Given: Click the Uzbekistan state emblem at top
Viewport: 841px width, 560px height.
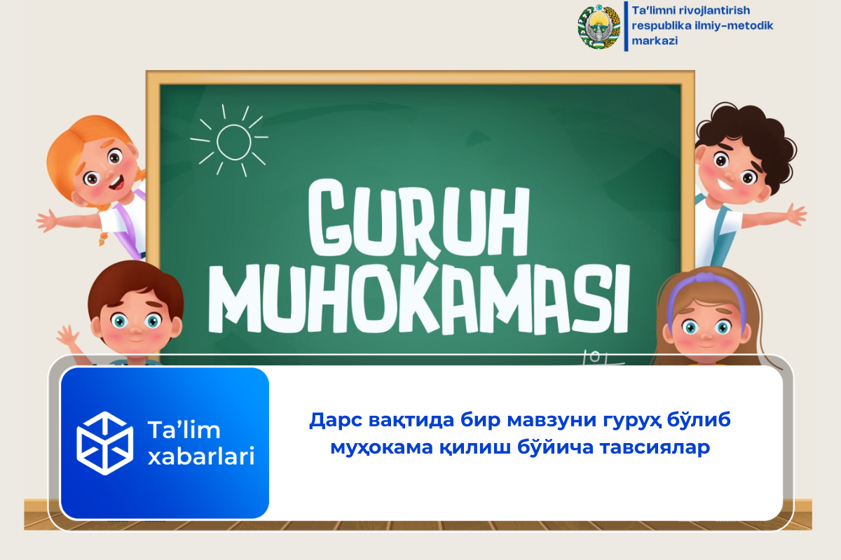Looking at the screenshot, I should coord(599,27).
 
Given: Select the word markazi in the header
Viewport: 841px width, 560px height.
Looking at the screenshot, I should coord(655,41).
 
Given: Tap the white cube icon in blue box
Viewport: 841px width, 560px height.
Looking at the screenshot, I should coord(104,443).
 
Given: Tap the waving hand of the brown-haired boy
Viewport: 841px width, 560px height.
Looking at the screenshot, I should coord(68,339).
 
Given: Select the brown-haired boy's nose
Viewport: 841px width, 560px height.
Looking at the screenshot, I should coord(135,330).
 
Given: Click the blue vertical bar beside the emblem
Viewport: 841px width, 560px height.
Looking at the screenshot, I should coord(625,26).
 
